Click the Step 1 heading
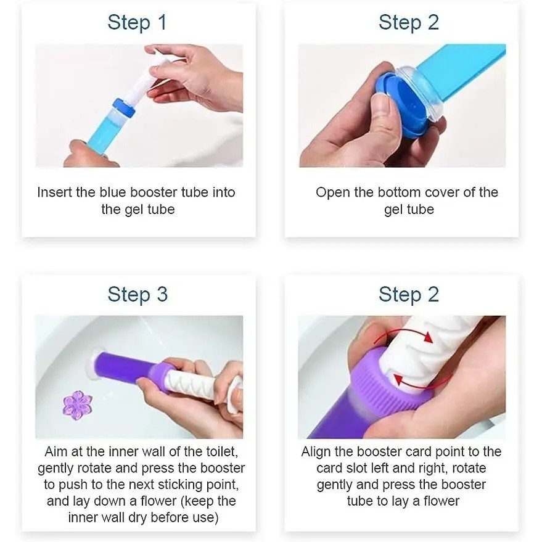coord(138,22)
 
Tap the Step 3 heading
coord(138,295)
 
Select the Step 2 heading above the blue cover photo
coord(409,22)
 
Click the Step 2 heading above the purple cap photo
coord(409,295)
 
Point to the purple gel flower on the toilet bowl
coord(78,405)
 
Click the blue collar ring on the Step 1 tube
coord(124,107)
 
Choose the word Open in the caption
coord(333,193)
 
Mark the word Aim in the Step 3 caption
coord(55,451)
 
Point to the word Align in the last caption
coord(316,452)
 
